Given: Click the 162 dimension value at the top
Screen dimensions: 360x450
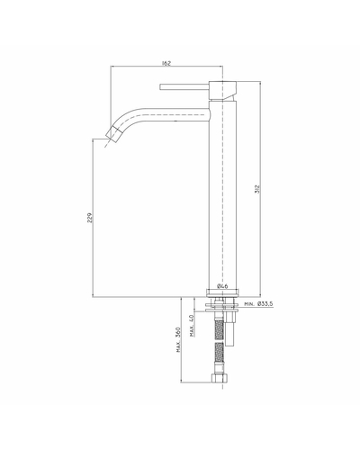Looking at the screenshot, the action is coord(166,63).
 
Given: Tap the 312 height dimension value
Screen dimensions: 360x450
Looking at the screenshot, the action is coord(257,189).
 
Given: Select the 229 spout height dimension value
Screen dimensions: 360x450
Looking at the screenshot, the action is coord(90,218).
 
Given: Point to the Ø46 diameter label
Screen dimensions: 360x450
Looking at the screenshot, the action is coord(222,286).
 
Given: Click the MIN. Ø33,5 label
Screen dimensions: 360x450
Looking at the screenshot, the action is coord(258,304).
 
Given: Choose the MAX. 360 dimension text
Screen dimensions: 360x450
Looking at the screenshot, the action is coord(178,339).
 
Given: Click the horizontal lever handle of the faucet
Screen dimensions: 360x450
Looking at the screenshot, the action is coord(184,86).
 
